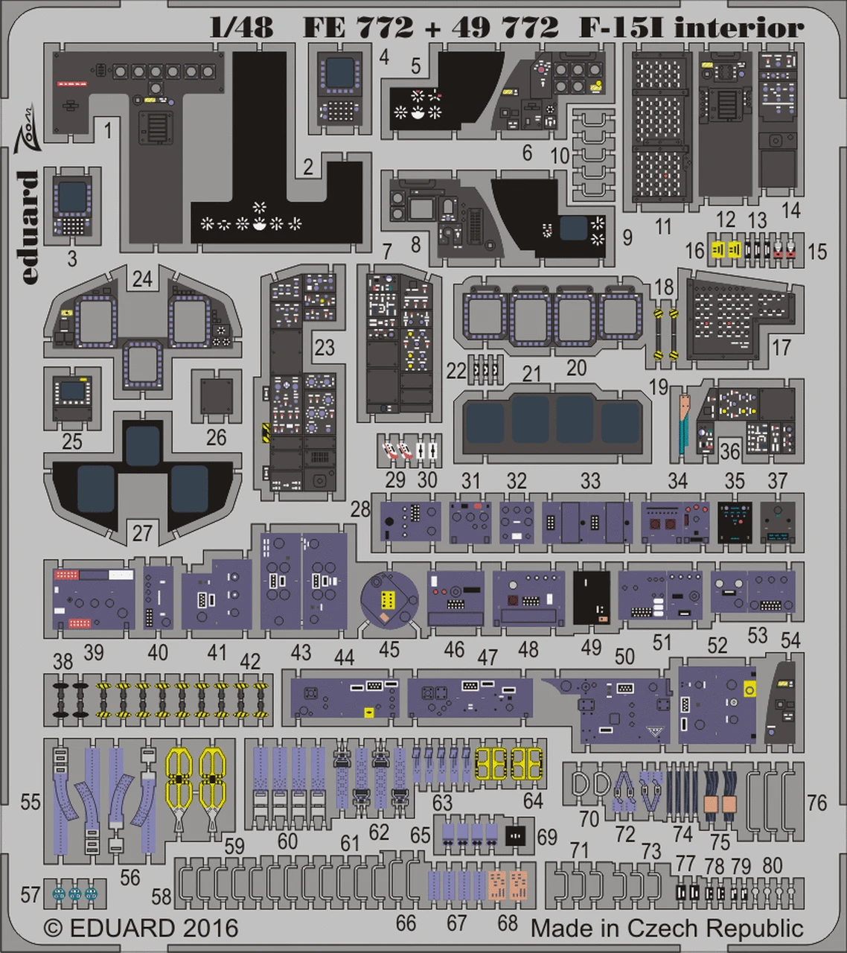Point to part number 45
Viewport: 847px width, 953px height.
[x=389, y=649]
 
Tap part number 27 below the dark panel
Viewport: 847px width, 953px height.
[x=141, y=533]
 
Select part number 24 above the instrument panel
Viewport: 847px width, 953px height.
[x=141, y=279]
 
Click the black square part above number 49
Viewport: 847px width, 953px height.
[x=592, y=597]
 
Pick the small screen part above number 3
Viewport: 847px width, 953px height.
[x=73, y=204]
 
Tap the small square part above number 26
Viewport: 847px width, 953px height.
[x=216, y=395]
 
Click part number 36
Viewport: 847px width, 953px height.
[x=729, y=451]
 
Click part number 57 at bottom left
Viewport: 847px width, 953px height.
[x=31, y=894]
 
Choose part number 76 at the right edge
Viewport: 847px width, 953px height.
[x=816, y=803]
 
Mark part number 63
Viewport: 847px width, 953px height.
[x=442, y=803]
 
